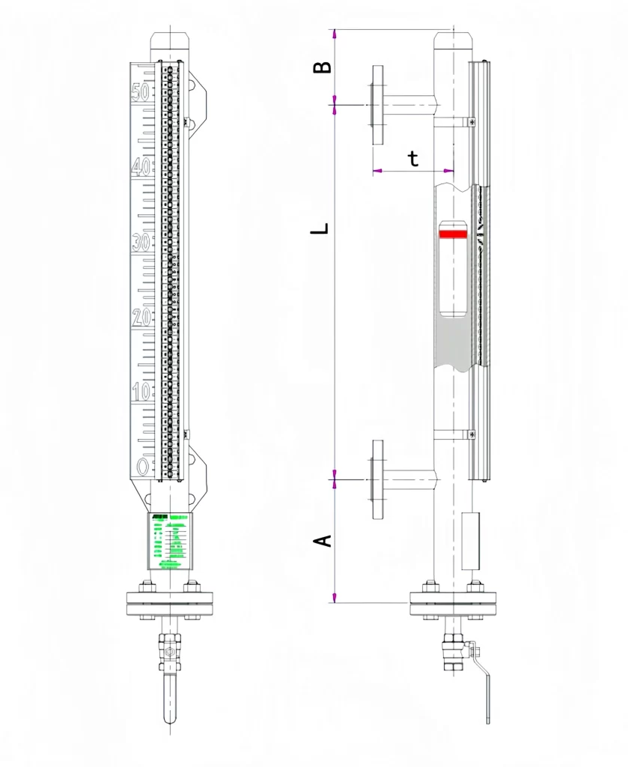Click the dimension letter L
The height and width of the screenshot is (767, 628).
pyautogui.click(x=320, y=228)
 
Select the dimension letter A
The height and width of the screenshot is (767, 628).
pyautogui.click(x=323, y=540)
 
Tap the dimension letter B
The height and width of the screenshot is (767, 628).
pyautogui.click(x=322, y=67)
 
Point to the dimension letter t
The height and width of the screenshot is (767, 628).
pyautogui.click(x=413, y=158)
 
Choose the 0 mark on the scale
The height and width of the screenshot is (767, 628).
pyautogui.click(x=143, y=467)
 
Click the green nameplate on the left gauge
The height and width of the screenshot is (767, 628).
pyautogui.click(x=170, y=541)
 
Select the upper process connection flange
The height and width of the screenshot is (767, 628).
pyautogui.click(x=377, y=105)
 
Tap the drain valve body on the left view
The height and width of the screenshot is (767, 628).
pyautogui.click(x=170, y=652)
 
